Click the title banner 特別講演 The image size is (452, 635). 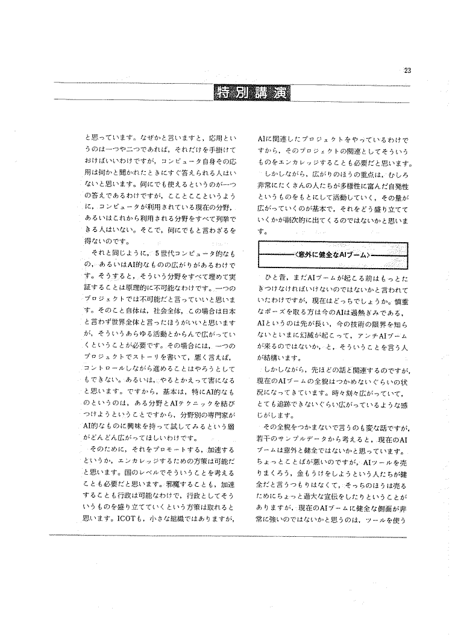(253, 93)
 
